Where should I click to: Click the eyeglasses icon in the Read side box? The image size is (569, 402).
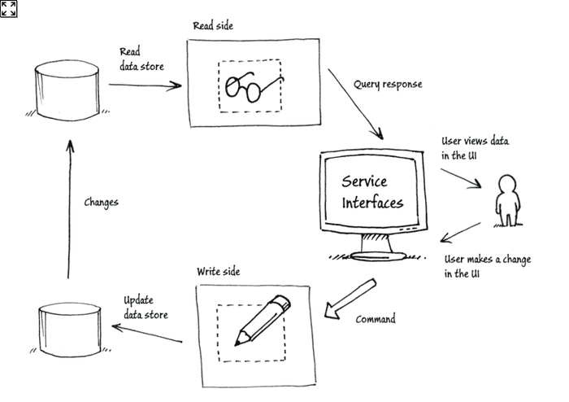click(x=250, y=85)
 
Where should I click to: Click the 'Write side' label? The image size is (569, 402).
click(x=219, y=271)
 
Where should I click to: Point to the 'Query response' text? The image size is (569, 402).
click(x=388, y=84)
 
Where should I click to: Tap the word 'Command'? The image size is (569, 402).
click(x=376, y=319)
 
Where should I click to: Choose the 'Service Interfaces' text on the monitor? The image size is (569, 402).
click(x=371, y=191)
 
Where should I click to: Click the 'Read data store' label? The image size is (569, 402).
click(x=141, y=59)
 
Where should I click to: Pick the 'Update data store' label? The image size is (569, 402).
click(x=146, y=307)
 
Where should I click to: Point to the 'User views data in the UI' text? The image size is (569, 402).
click(x=475, y=147)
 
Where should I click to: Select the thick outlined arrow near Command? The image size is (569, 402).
click(x=349, y=300)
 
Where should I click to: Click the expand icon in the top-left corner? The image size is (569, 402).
click(x=9, y=9)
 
